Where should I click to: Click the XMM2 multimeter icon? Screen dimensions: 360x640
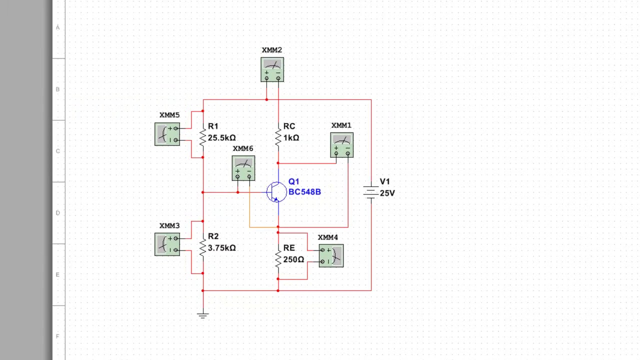click(x=272, y=69)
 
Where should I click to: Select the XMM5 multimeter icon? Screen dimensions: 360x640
click(x=167, y=134)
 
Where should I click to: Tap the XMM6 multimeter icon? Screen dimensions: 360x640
click(x=243, y=168)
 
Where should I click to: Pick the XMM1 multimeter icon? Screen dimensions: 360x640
click(x=342, y=145)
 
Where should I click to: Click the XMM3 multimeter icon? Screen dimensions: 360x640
click(x=167, y=244)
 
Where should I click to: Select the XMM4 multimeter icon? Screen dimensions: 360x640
click(x=331, y=255)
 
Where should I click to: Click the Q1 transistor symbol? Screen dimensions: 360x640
click(x=276, y=192)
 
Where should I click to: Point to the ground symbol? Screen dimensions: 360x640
click(x=202, y=315)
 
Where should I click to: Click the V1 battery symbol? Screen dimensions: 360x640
click(x=370, y=192)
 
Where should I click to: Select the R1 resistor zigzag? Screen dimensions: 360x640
click(x=202, y=136)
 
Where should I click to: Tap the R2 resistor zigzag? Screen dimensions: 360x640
click(x=202, y=247)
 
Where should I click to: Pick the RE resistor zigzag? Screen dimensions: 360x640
click(x=278, y=258)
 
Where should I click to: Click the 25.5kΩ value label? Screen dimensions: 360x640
click(x=221, y=138)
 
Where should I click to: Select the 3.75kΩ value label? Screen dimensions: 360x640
click(x=221, y=248)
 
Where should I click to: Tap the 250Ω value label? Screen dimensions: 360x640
click(x=293, y=259)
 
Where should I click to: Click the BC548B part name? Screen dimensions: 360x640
click(x=304, y=192)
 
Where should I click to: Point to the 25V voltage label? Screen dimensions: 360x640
click(x=387, y=193)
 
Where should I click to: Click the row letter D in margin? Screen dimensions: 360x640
click(x=58, y=213)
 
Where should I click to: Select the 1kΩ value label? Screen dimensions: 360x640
click(x=291, y=138)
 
